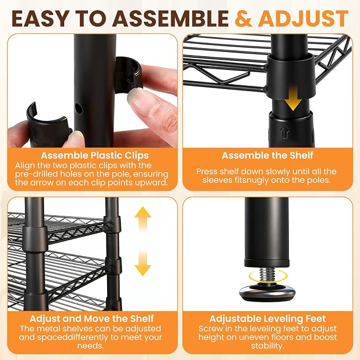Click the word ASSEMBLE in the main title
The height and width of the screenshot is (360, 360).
170,19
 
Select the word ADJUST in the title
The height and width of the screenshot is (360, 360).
304,19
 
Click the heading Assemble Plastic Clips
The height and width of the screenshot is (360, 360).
94,155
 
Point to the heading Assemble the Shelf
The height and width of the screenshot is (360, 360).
267,155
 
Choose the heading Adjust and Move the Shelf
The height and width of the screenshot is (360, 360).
92,319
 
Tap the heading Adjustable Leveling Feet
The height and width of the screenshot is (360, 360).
267,319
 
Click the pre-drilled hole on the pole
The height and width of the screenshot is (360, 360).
79,108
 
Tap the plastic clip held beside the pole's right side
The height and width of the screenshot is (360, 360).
128,75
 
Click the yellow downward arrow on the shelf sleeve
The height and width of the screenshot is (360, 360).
293,98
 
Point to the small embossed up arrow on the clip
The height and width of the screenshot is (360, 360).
284,132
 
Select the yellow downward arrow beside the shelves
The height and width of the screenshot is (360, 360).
143,262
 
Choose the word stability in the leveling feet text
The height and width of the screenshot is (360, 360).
267,346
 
